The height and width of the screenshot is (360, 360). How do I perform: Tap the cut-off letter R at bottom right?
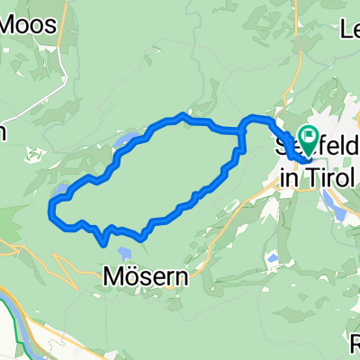click(354, 344)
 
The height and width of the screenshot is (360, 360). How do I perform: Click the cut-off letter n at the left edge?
click(3, 131)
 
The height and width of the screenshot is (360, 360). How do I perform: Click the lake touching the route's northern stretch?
click(125, 142)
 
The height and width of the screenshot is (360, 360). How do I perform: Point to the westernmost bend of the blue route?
click(49, 212)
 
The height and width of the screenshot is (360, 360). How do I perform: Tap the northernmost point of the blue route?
click(183, 115)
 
